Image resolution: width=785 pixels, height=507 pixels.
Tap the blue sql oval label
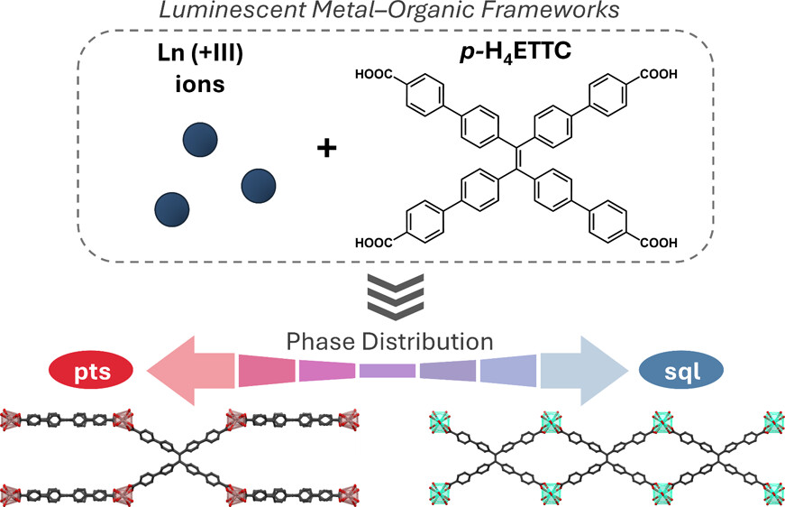(680, 370)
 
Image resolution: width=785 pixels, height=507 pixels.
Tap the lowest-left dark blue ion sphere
(172, 208)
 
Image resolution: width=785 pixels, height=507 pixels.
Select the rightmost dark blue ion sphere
(257, 185)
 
